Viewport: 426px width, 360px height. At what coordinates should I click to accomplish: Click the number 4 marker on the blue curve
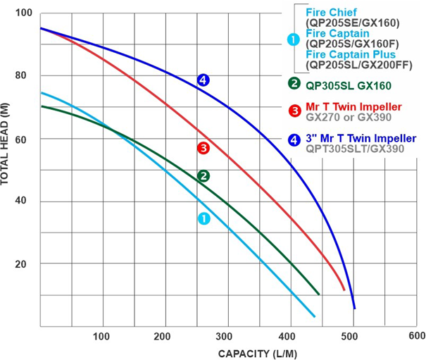tap(203, 80)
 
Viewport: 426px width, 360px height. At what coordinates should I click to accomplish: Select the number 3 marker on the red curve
tap(203, 148)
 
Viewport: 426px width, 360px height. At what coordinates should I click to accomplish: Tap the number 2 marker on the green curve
tap(203, 176)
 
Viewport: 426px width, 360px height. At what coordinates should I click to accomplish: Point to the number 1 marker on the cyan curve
tap(203, 218)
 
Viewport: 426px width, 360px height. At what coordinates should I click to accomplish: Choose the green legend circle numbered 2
tap(294, 83)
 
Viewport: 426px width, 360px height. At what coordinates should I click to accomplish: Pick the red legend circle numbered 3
tap(294, 111)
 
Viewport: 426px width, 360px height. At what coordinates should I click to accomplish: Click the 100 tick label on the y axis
tap(23, 13)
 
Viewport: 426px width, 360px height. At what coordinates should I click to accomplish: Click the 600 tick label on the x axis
tap(416, 335)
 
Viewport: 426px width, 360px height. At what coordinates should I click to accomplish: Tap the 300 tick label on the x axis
tap(226, 335)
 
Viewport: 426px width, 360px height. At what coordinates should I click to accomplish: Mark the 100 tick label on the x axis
tap(103, 335)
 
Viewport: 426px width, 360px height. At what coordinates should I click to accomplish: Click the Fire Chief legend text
tap(330, 12)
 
